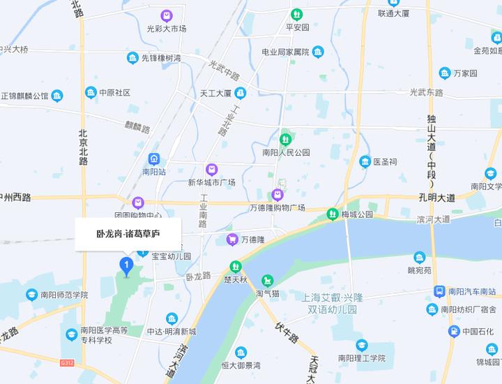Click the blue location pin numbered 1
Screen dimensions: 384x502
pos(126,265)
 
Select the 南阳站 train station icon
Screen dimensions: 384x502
pos(153,158)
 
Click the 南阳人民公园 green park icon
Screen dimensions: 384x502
pos(284,139)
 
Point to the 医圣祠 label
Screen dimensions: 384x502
pos(385,162)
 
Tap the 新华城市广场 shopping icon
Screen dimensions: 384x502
pos(211,169)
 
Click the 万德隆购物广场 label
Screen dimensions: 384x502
pos(277,208)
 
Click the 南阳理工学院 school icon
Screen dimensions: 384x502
pos(361,345)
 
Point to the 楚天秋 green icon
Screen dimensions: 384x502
pos(236,266)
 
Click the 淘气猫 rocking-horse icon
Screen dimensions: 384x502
pos(267,280)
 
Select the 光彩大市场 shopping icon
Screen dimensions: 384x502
pos(166,15)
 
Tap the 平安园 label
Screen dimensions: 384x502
pos(297,28)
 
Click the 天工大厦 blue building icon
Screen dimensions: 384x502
pos(241,92)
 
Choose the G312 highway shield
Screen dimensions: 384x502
pos(67,363)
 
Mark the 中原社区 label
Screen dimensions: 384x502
pos(114,92)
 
